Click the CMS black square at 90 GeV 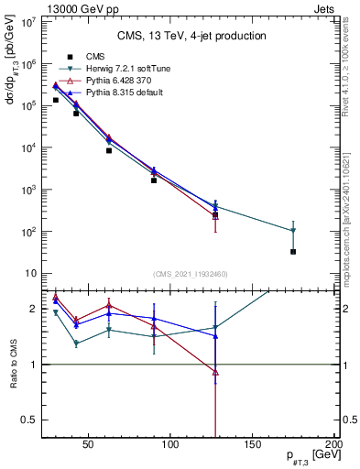[x=154, y=180]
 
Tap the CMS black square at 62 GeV [x=109, y=150]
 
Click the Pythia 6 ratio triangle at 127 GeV [x=215, y=372]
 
